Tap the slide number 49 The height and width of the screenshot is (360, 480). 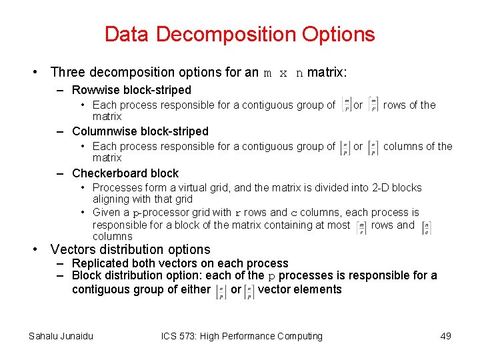(446, 336)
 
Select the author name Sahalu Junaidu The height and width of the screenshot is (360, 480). (61, 336)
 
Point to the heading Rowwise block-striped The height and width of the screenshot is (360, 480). (131, 90)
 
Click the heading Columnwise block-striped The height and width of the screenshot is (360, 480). (140, 131)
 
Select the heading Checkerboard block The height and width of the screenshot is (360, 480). (125, 173)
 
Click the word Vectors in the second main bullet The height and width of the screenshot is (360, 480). (73, 249)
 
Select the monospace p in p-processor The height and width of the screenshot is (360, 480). (136, 213)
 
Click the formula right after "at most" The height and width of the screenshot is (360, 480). (361, 228)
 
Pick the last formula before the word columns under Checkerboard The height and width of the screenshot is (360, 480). (426, 228)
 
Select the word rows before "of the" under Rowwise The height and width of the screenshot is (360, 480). (394, 105)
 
